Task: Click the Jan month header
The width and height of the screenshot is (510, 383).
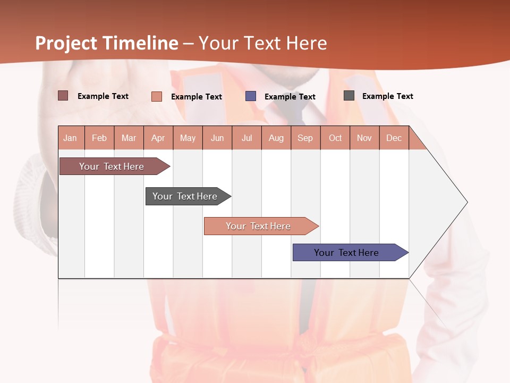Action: [70, 138]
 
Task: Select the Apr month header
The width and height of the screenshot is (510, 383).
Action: [158, 138]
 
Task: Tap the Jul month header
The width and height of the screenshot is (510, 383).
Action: [246, 138]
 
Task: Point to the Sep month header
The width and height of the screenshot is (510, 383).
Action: [305, 138]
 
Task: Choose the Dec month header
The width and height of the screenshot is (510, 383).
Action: [394, 138]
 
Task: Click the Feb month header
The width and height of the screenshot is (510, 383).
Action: [99, 138]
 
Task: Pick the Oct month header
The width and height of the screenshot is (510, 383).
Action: [335, 138]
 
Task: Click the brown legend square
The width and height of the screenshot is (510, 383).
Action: [63, 96]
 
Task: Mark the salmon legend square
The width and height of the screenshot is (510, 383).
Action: [157, 96]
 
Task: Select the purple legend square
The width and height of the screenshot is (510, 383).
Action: [251, 96]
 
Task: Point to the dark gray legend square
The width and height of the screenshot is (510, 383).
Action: [349, 96]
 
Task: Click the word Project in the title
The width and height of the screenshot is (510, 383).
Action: [66, 43]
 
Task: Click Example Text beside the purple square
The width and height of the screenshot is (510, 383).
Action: [290, 97]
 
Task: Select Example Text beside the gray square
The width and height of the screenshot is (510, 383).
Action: [387, 96]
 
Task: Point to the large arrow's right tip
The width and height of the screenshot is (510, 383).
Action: [466, 202]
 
